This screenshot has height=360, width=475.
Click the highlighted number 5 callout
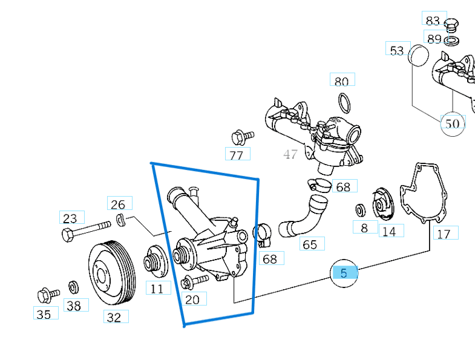pyautogui.click(x=344, y=273)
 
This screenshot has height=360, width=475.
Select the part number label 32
pyautogui.click(x=114, y=316)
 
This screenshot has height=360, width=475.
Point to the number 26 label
pyautogui.click(x=119, y=204)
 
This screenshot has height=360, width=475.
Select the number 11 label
pyautogui.click(x=157, y=289)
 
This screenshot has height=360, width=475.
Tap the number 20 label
pyautogui.click(x=192, y=299)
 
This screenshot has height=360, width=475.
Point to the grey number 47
pyautogui.click(x=290, y=154)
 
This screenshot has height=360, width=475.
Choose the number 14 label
pyautogui.click(x=388, y=231)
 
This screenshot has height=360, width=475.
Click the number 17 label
pyautogui.click(x=444, y=234)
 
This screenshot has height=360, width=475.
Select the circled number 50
pyautogui.click(x=452, y=124)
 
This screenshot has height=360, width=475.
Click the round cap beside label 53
pyautogui.click(x=418, y=54)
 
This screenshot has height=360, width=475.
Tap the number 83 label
pyautogui.click(x=433, y=21)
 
